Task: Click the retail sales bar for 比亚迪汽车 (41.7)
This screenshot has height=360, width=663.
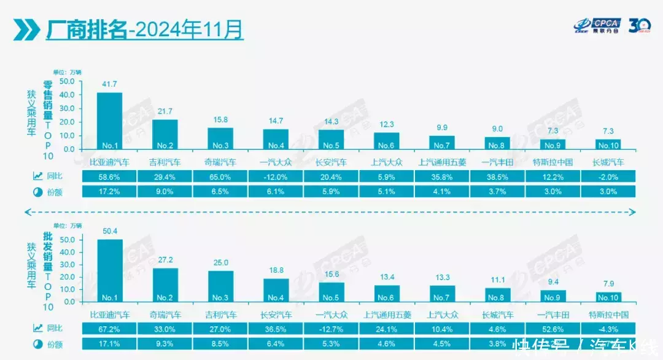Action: pyautogui.click(x=109, y=120)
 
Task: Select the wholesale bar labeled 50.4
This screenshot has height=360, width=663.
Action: pyautogui.click(x=109, y=270)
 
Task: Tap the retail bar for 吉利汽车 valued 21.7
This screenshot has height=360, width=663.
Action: pyautogui.click(x=165, y=134)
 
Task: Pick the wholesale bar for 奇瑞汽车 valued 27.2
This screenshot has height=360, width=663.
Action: pyautogui.click(x=165, y=284)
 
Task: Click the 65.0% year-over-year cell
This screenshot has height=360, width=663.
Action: pyautogui.click(x=220, y=176)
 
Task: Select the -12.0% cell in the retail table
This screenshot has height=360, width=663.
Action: pyautogui.click(x=276, y=176)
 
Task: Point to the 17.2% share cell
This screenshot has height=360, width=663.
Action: pyautogui.click(x=109, y=191)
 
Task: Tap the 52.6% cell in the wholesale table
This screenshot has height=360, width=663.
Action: pyautogui.click(x=553, y=329)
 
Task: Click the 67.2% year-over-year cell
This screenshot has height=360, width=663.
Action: pyautogui.click(x=109, y=329)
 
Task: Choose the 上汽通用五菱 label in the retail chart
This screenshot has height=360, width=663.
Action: pyautogui.click(x=442, y=163)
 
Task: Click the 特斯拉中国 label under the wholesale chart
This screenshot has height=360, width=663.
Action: pyautogui.click(x=608, y=315)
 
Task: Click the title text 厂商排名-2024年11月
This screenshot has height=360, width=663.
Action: pyautogui.click(x=145, y=29)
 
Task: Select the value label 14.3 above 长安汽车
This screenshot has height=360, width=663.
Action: pyautogui.click(x=331, y=122)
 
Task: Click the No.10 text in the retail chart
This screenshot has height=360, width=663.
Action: pyautogui.click(x=608, y=146)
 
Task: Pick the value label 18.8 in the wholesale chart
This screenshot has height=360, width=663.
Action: pyautogui.click(x=276, y=270)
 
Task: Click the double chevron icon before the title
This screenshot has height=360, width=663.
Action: pyautogui.click(x=25, y=29)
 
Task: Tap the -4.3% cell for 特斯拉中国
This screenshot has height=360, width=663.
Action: pyautogui.click(x=608, y=329)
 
